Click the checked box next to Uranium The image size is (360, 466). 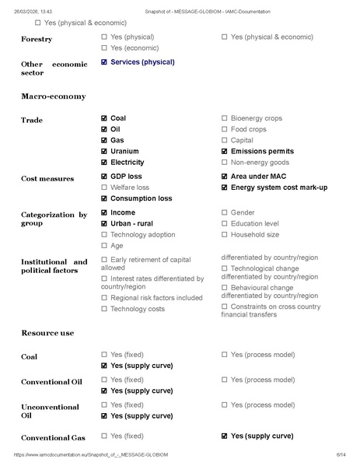click(104, 151)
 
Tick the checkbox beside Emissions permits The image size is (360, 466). click(225, 151)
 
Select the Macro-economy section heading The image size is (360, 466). click(53, 96)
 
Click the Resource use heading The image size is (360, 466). click(47, 333)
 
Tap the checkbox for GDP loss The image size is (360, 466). click(104, 177)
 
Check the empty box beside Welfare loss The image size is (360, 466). click(104, 187)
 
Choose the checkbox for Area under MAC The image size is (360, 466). click(225, 177)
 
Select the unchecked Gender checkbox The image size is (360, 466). click(225, 212)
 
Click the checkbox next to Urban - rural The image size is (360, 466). click(104, 223)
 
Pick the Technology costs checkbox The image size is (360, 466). click(104, 309)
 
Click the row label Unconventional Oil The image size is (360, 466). click(50, 411)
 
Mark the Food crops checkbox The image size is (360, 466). click(225, 129)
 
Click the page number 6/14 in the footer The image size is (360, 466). click(341, 454)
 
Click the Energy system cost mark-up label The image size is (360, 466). click(279, 187)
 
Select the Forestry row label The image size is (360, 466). click(37, 39)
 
